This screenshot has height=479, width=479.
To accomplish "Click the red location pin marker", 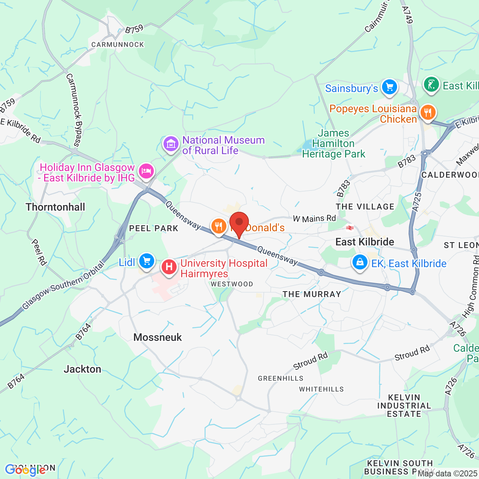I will [x=239, y=223].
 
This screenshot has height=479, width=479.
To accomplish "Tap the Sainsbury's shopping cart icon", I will [x=389, y=88].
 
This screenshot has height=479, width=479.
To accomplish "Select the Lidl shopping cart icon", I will [x=146, y=261].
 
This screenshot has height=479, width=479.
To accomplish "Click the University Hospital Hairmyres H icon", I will [x=169, y=267].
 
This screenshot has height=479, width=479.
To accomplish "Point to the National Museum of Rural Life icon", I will [x=171, y=143].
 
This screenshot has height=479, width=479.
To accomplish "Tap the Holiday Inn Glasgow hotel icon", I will [x=146, y=171].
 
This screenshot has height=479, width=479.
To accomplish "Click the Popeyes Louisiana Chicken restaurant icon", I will [x=427, y=112].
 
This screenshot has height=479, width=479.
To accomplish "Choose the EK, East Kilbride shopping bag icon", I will [x=360, y=262].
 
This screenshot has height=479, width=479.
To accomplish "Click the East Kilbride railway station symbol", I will [x=350, y=228].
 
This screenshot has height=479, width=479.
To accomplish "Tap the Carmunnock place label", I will [x=118, y=45].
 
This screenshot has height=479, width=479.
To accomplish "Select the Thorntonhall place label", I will [x=55, y=207].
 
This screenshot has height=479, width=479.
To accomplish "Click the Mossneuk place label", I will [x=158, y=337].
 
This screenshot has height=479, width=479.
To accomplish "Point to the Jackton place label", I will [x=82, y=369].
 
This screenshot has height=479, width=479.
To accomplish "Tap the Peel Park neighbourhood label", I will [x=153, y=228].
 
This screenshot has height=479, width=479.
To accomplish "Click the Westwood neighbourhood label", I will [x=232, y=284].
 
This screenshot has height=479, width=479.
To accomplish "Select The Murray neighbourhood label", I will [x=312, y=294].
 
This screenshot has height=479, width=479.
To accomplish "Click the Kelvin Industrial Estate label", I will [x=404, y=406].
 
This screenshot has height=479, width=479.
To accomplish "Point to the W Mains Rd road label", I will [x=314, y=218].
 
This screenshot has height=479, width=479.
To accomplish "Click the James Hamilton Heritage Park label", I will [x=333, y=144].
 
